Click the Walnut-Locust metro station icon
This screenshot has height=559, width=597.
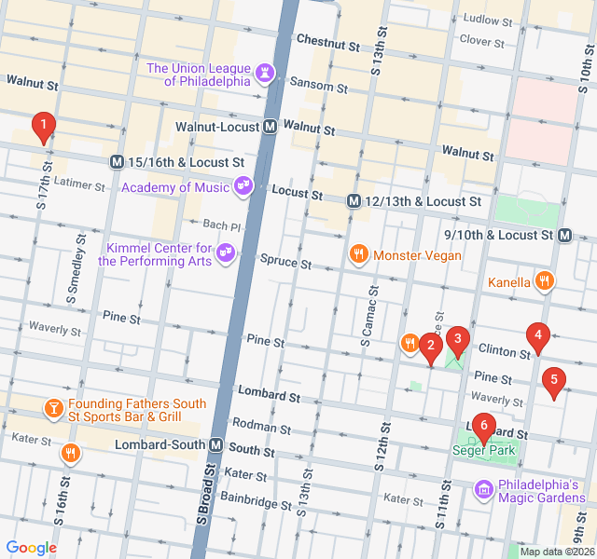pyautogui.click(x=270, y=126)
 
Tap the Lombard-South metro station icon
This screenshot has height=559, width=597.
pyautogui.click(x=216, y=445)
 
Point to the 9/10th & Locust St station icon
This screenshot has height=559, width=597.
pyautogui.click(x=565, y=236)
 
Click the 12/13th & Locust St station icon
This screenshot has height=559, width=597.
pyautogui.click(x=354, y=201)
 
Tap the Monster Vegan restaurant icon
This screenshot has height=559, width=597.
pyautogui.click(x=358, y=254)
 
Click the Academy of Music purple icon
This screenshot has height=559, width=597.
pyautogui.click(x=243, y=186)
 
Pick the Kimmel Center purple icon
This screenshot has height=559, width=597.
pyautogui.click(x=225, y=252)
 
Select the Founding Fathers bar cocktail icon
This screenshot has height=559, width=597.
pyautogui.click(x=52, y=408)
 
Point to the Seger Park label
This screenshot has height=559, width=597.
pyautogui.click(x=483, y=450)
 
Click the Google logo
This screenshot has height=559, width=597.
pyautogui.click(x=32, y=548)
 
